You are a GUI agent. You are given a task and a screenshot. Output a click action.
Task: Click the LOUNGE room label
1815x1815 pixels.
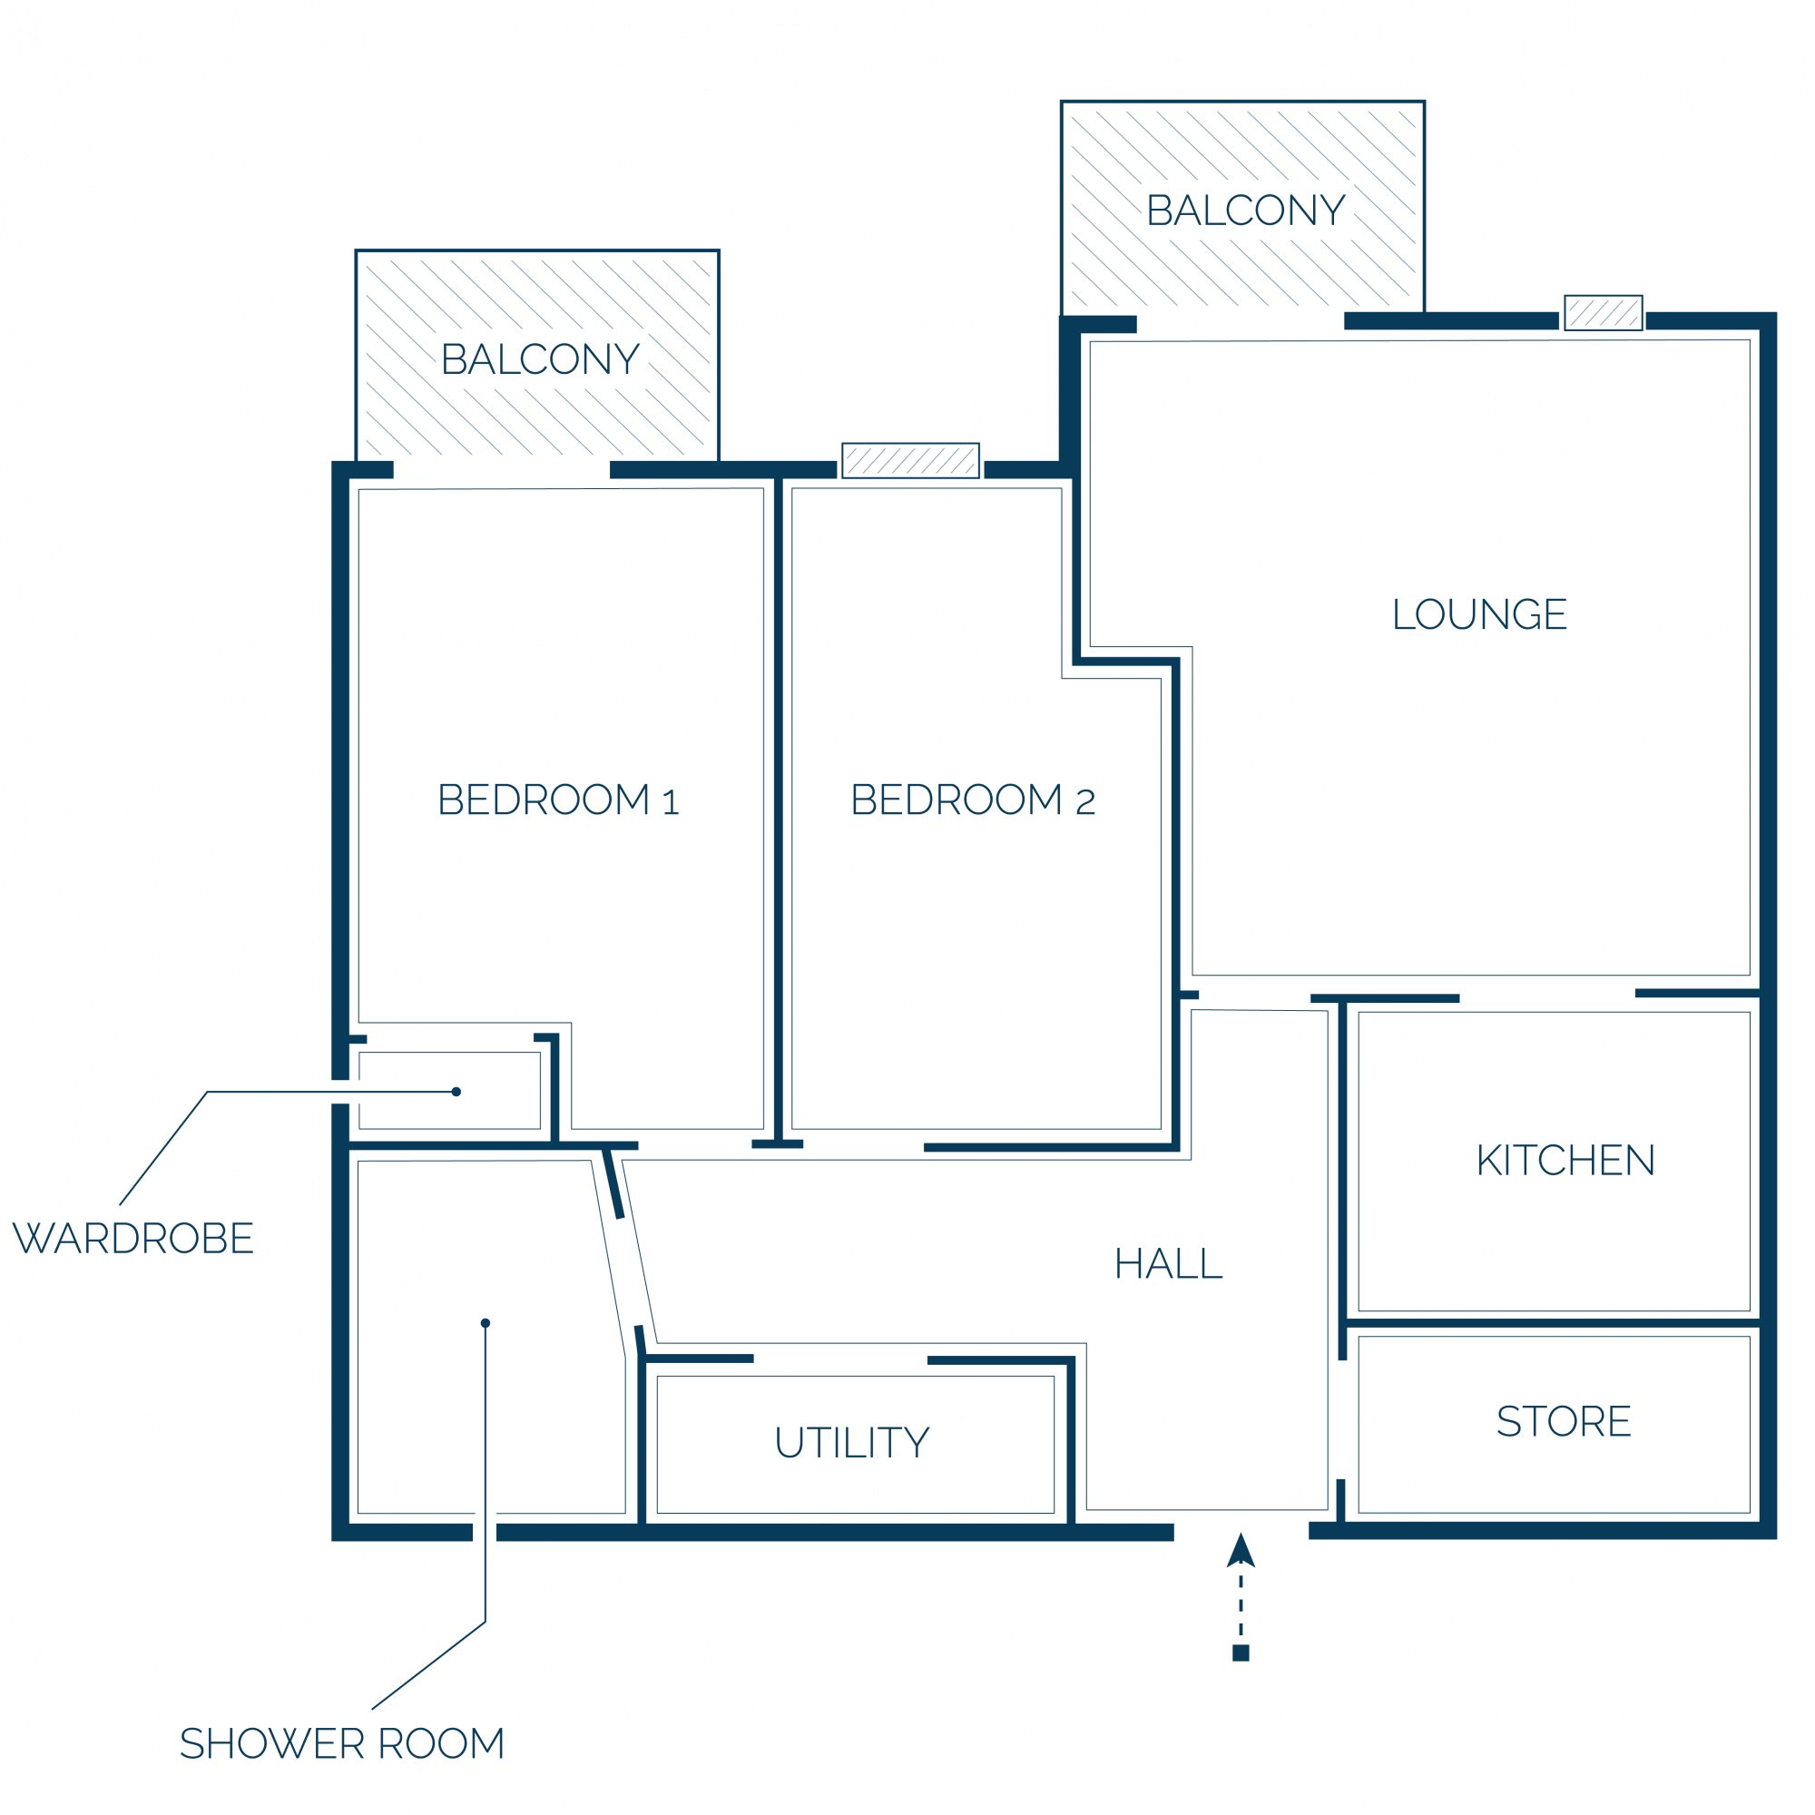pos(1479,614)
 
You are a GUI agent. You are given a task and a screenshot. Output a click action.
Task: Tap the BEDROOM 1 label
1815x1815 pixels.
pos(558,800)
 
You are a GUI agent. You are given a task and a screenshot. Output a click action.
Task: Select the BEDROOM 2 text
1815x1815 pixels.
pos(972,800)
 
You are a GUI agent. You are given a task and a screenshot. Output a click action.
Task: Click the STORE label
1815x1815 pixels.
pos(1564,1421)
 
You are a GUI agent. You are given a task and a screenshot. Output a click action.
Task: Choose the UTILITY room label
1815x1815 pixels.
pos(852,1443)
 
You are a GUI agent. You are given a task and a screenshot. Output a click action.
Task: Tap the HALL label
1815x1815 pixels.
pos(1168,1263)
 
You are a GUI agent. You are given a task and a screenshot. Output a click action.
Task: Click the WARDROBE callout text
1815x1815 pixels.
pos(133,1238)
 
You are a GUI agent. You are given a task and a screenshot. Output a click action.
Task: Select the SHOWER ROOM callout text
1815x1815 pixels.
pos(342,1743)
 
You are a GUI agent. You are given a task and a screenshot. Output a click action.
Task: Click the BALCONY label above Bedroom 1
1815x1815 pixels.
pos(540,358)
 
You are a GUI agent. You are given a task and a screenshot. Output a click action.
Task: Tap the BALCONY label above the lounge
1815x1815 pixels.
pos(1246,211)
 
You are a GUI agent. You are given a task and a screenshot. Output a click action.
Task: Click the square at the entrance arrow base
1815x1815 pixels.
pos(1240,1653)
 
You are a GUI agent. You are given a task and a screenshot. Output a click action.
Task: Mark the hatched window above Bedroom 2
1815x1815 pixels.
pos(910,460)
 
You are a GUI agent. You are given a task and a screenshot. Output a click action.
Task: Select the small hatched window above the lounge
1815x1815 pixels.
pos(1604,313)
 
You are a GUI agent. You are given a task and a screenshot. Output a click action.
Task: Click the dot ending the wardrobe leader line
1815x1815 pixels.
pos(456,1092)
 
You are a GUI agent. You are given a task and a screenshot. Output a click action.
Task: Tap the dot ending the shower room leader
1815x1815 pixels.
pos(486,1323)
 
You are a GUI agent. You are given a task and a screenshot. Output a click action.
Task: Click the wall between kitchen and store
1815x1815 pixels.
pos(1554,1324)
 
